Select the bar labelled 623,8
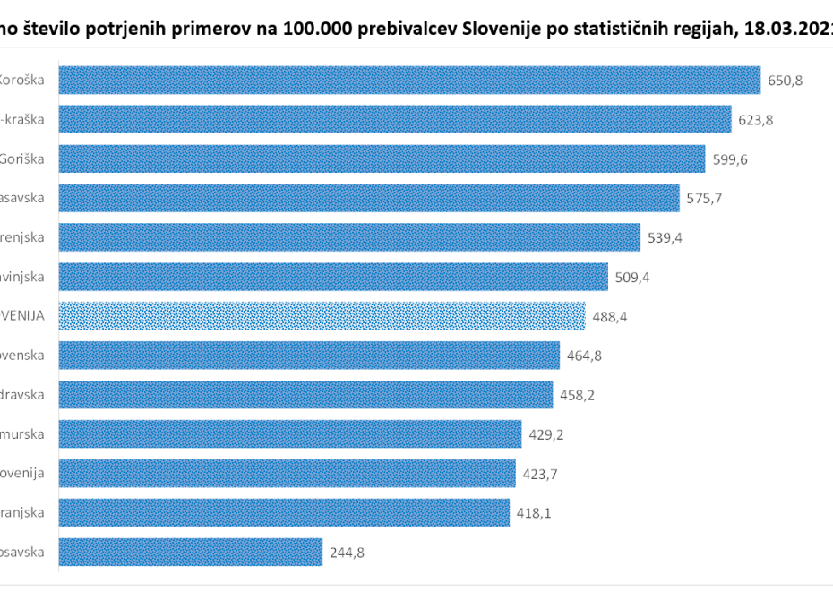click(x=395, y=119)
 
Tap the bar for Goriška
click(x=382, y=159)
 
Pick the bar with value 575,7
click(x=368, y=198)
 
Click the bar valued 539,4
click(x=349, y=237)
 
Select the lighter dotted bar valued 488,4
click(x=322, y=316)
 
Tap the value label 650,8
click(x=786, y=81)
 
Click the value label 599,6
click(x=730, y=159)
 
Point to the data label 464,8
click(x=584, y=356)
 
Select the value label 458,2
click(x=578, y=395)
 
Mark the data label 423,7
click(x=540, y=474)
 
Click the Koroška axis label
click(x=24, y=80)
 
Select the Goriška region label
click(x=28, y=159)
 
